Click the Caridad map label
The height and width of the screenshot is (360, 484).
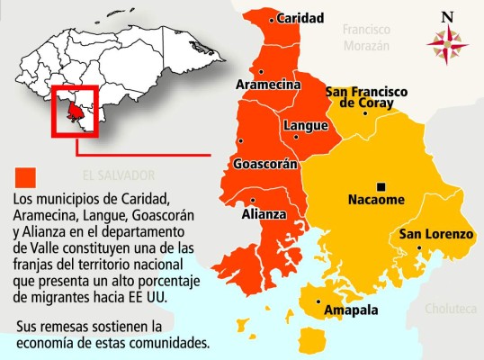pos(300,17)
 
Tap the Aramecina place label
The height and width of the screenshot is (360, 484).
pos(267,85)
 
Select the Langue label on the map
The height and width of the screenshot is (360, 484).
pos(305,126)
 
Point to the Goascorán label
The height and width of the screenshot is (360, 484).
pos(264,166)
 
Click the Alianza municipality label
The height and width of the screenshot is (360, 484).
pos(264,215)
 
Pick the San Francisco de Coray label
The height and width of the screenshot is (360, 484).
pos(366,97)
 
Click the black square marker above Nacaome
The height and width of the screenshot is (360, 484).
pos(381,185)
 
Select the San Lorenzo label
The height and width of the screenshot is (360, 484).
pos(436,235)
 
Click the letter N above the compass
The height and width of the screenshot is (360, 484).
pos(447,14)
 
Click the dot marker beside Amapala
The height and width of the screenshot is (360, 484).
pos(318,301)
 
